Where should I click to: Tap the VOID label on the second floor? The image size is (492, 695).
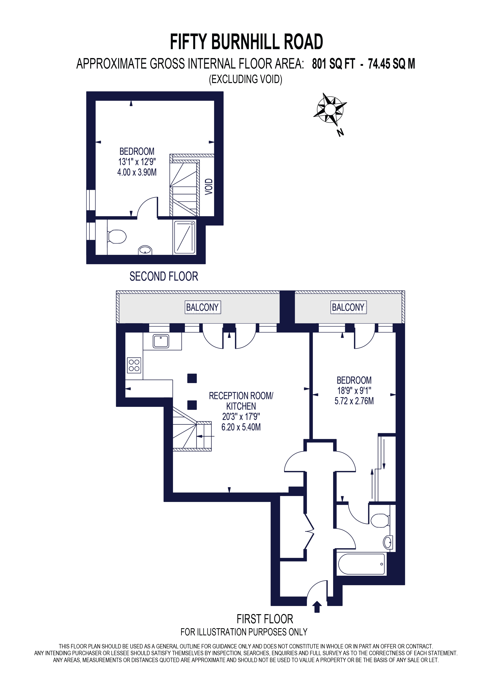coord(209,186)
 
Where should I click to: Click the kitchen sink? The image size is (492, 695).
coord(161,341)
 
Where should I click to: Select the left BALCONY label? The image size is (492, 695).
coord(202,307)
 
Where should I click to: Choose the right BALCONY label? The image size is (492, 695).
coord(348,307)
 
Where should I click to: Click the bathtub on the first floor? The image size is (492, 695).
coord(361,564)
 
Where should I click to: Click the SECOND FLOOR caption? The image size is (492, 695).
coord(164,276)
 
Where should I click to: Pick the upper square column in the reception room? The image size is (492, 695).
coord(192,378)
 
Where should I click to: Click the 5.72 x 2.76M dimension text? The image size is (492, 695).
coord(354,401)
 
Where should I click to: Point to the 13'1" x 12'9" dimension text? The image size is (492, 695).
coord(137,162)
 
